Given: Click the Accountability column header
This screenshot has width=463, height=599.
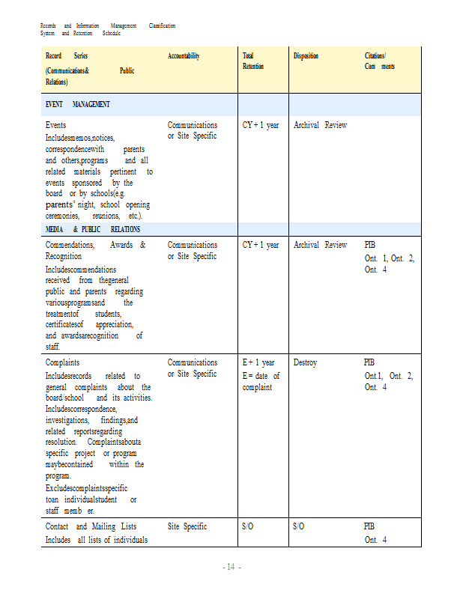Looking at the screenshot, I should tap(184, 56).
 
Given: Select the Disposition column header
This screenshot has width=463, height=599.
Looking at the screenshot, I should tap(306, 56).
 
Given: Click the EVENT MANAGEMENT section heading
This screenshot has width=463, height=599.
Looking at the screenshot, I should tap(78, 104).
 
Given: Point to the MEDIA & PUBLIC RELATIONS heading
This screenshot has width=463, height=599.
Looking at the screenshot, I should tap(93, 229).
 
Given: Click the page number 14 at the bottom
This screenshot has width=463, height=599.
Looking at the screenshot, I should tap(231, 567).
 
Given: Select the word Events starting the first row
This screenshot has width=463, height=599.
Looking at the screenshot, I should tap(55, 125).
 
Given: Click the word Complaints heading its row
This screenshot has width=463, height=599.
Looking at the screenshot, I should tap(63, 362).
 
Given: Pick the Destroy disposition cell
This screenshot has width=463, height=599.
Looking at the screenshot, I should tap(305, 362).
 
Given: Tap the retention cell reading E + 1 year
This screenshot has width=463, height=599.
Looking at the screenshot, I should tap(258, 362).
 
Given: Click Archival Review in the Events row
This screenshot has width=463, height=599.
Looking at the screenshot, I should tap(320, 125).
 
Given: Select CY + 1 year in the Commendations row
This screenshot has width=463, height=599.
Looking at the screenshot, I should tap(261, 245).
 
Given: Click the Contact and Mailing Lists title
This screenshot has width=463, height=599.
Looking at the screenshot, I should tap(91, 526).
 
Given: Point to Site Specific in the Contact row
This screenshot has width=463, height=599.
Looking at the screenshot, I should tap(187, 526).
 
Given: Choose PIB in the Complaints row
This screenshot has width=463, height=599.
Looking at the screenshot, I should tap(370, 362).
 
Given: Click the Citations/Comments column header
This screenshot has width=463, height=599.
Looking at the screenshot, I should tap(379, 61).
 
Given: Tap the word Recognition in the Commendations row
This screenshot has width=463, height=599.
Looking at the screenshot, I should tap(64, 256).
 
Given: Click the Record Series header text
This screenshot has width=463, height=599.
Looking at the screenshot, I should tap(67, 56).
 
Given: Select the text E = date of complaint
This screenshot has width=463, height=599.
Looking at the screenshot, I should tap(261, 381).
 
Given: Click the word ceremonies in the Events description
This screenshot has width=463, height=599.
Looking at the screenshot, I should tap(63, 216).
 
